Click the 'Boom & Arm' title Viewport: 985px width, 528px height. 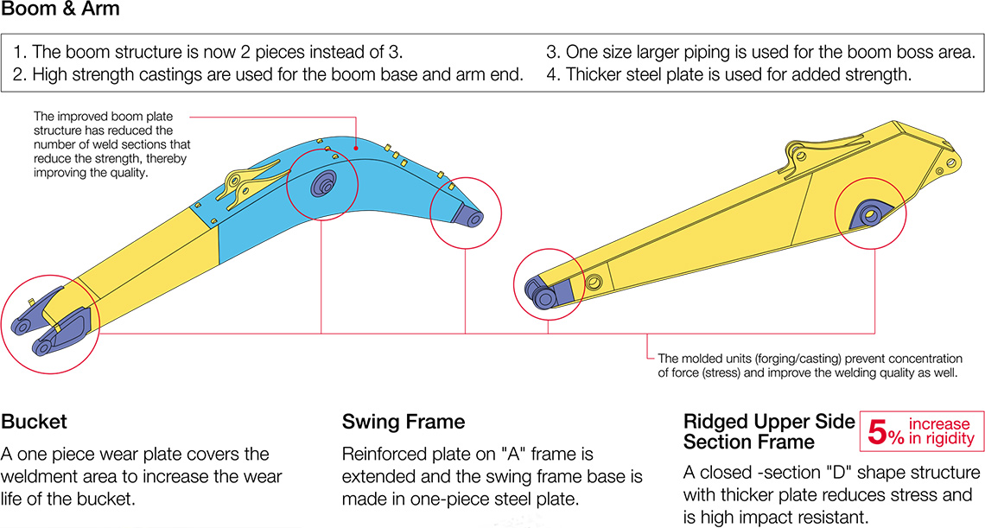pos(60,10)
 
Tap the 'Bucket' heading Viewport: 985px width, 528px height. pos(35,422)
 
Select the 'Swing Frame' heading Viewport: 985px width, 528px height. pos(404,422)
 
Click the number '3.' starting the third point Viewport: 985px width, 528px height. pos(553,52)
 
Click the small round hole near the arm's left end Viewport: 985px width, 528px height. pos(593,283)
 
